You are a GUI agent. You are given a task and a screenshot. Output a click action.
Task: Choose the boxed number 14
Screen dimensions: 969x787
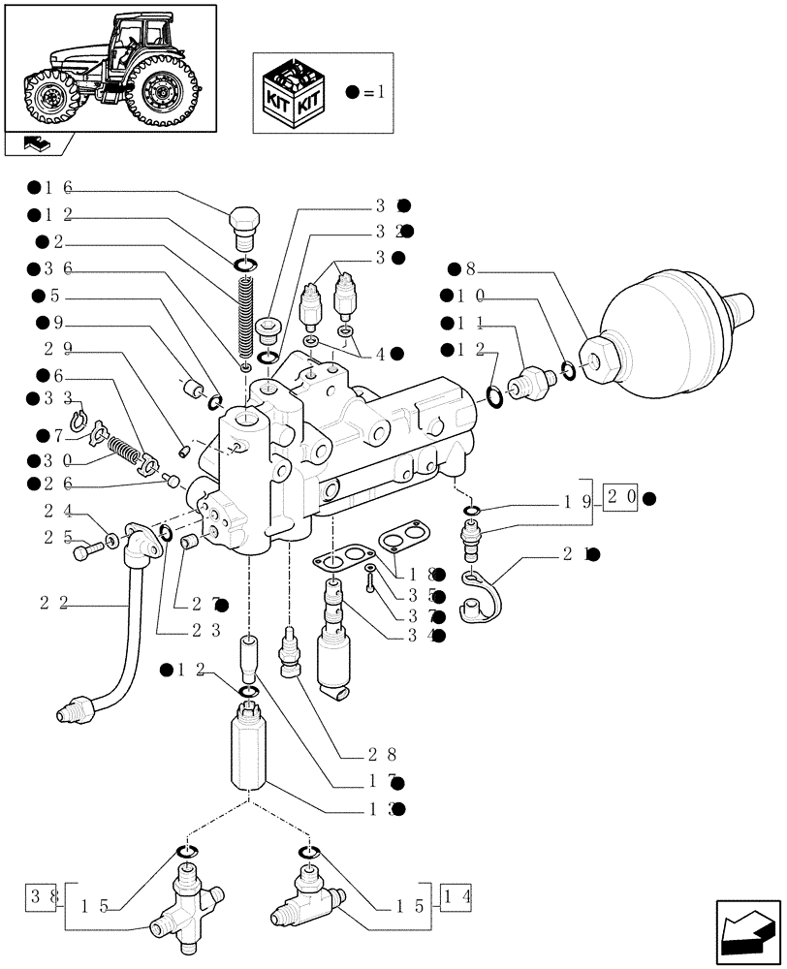coord(456,894)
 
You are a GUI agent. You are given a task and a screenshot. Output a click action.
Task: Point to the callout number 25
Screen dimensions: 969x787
coord(57,536)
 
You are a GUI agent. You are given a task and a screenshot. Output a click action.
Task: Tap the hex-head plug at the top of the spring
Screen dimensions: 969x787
coord(244,228)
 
